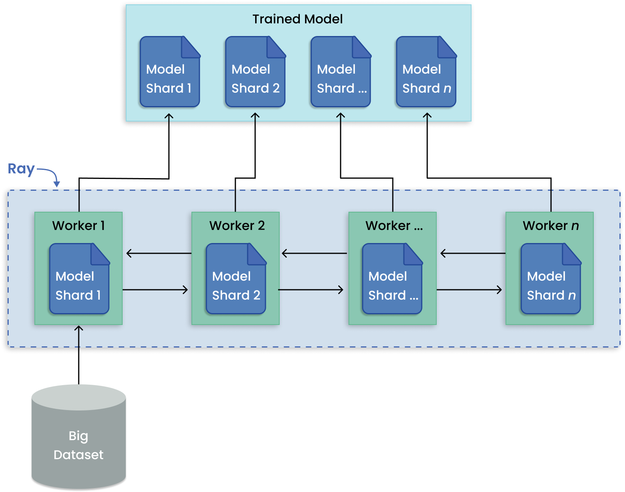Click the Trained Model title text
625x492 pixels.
[297, 19]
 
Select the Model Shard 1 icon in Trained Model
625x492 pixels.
[170, 72]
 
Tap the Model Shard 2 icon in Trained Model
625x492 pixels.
[255, 72]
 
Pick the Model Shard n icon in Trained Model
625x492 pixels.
[426, 72]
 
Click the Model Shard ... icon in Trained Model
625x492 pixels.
[341, 72]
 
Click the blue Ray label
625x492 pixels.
[21, 169]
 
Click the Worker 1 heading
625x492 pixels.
[78, 226]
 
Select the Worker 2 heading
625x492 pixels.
[237, 226]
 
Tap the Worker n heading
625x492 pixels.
[550, 226]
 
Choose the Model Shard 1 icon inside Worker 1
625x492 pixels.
[79, 279]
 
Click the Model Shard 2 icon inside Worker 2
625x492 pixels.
[236, 279]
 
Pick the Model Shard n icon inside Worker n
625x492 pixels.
[551, 279]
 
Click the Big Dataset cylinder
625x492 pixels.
[78, 437]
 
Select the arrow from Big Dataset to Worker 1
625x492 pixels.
[79, 354]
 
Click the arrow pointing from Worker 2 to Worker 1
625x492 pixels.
[158, 253]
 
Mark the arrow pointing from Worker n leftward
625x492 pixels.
[472, 253]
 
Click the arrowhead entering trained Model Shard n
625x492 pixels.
[427, 116]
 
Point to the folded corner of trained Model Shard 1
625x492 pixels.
[190, 47]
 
